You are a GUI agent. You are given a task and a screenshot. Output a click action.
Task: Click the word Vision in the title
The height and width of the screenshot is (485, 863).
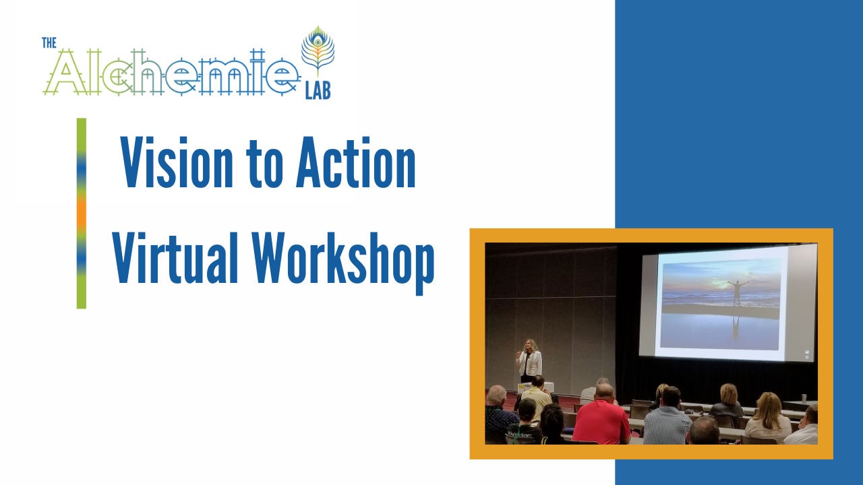click(177, 162)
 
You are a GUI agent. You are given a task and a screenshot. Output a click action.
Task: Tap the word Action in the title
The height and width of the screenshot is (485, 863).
click(356, 162)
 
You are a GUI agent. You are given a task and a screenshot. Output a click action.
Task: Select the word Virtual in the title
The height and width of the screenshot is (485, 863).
click(175, 257)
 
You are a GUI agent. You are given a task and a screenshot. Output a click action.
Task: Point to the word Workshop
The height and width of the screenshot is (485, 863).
click(343, 263)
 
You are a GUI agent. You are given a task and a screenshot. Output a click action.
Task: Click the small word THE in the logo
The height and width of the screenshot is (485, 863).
click(49, 42)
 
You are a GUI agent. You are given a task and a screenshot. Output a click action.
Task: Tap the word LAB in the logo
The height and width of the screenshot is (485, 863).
click(318, 92)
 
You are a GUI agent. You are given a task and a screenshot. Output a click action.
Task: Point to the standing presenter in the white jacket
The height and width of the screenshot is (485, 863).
click(529, 360)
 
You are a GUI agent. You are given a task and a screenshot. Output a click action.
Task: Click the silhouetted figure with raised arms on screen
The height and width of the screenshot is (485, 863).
click(737, 292)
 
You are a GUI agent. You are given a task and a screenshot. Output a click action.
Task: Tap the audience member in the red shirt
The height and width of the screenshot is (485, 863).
click(601, 416)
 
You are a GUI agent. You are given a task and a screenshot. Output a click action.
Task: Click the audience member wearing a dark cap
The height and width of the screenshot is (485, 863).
click(525, 422)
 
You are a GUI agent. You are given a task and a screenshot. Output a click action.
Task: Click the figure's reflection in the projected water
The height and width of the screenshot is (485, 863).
click(736, 327)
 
